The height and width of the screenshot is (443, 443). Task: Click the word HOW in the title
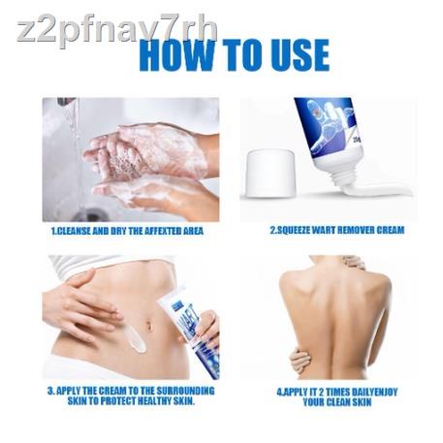[176, 55]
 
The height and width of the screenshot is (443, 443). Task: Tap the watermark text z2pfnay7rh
[117, 30]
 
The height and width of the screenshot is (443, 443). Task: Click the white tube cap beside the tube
[270, 174]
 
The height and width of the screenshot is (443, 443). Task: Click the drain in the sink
[91, 215]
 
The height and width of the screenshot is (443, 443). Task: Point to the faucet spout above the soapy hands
[66, 101]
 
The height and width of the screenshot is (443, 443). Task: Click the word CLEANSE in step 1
[71, 232]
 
